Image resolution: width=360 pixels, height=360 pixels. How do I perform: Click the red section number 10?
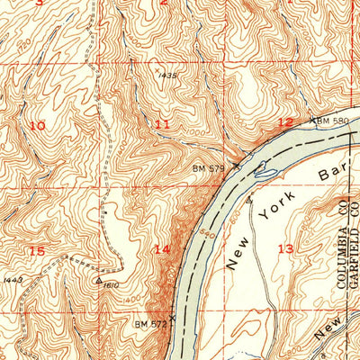pyautogui.click(x=36, y=126)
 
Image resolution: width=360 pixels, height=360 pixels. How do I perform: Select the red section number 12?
pyautogui.click(x=284, y=122)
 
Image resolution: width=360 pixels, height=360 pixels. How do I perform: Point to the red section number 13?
pyautogui.click(x=285, y=248)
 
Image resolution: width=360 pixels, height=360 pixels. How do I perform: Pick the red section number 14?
pyautogui.click(x=161, y=249)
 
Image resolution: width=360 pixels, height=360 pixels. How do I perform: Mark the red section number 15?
pyautogui.click(x=36, y=250)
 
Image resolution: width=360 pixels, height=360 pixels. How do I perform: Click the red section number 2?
pyautogui.click(x=164, y=3)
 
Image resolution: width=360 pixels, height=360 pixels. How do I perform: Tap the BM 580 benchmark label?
pyautogui.click(x=332, y=119)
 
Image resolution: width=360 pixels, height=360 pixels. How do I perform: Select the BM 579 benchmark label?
pyautogui.click(x=207, y=167)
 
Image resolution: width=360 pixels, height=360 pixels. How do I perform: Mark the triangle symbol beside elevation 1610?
pyautogui.click(x=98, y=280)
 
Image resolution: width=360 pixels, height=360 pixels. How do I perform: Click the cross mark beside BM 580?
pyautogui.click(x=313, y=119)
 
